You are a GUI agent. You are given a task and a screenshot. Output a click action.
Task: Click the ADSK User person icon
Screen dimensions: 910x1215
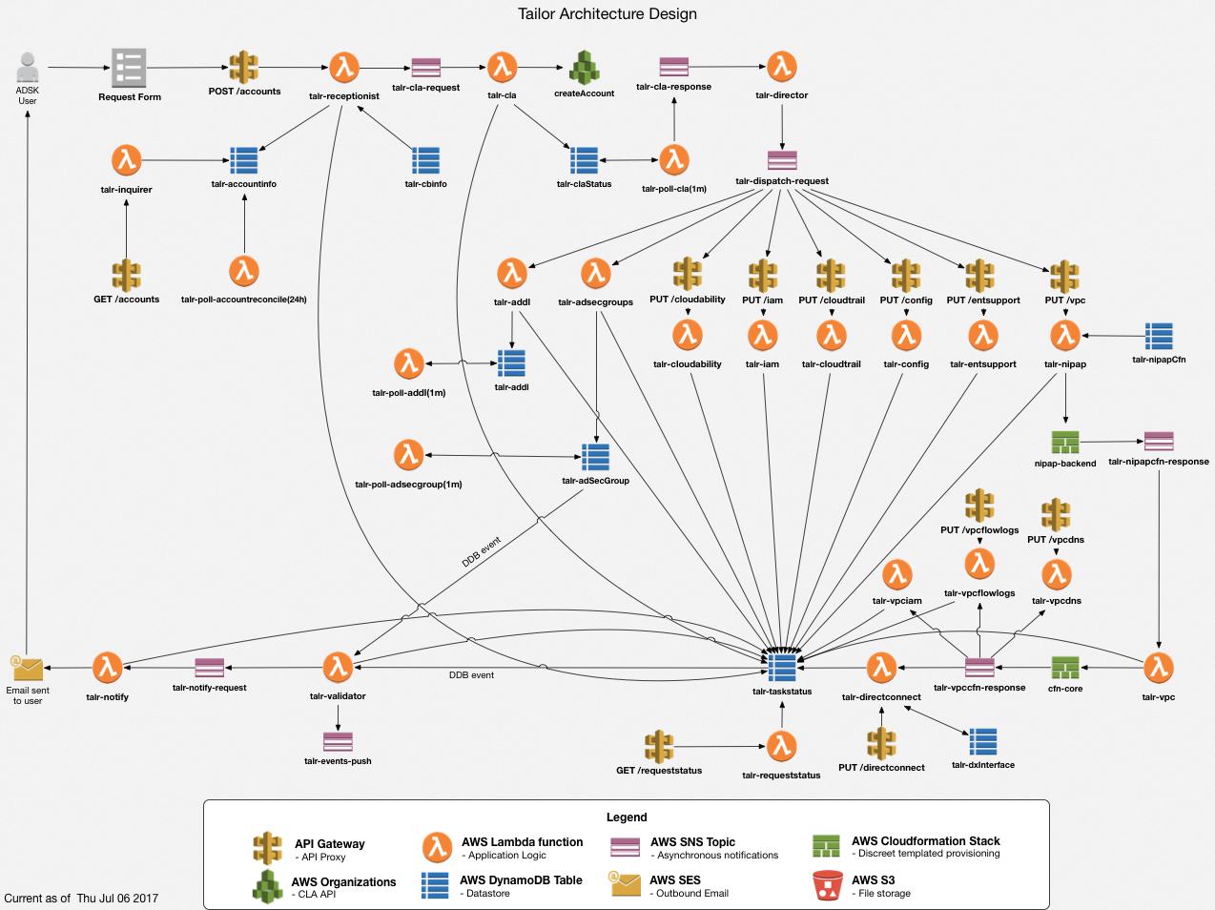pyautogui.click(x=28, y=68)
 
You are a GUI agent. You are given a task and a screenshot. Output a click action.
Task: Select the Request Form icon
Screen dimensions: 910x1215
pyautogui.click(x=129, y=68)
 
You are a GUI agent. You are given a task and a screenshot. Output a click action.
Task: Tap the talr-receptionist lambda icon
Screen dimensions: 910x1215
pyautogui.click(x=343, y=68)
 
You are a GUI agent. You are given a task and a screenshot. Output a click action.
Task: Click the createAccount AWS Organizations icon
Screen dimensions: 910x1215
pyautogui.click(x=584, y=69)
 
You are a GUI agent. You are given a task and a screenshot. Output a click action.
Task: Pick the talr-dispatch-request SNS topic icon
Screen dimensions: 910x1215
pyautogui.click(x=782, y=159)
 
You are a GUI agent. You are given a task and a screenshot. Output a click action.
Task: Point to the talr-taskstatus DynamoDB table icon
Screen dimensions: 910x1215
pyautogui.click(x=782, y=668)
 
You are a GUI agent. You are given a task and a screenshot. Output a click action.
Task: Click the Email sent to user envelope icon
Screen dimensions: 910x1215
pyautogui.click(x=28, y=668)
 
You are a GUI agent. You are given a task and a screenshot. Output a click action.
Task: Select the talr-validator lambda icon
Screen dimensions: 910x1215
pyautogui.click(x=338, y=668)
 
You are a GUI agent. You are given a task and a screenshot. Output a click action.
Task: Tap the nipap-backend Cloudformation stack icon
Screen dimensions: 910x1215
pyautogui.click(x=1065, y=443)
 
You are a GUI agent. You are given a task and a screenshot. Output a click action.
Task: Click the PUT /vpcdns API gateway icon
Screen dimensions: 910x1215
pyautogui.click(x=1056, y=514)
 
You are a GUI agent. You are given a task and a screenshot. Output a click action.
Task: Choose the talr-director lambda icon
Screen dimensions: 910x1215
pyautogui.click(x=782, y=67)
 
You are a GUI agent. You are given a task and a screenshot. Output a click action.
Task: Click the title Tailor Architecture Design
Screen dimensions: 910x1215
pyautogui.click(x=607, y=14)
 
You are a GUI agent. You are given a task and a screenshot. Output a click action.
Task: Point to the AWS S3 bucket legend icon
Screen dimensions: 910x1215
pyautogui.click(x=827, y=884)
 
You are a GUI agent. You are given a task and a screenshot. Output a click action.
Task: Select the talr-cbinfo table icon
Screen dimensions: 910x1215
pyautogui.click(x=425, y=160)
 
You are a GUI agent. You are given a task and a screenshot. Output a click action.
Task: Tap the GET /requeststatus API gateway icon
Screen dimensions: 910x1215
pyautogui.click(x=659, y=747)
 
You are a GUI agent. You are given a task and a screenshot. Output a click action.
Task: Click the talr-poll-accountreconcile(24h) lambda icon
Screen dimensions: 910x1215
pyautogui.click(x=244, y=272)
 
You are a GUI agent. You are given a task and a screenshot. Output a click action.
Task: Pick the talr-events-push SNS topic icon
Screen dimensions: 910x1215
pyautogui.click(x=338, y=741)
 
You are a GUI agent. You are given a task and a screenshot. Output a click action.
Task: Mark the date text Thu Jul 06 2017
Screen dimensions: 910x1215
pyautogui.click(x=117, y=899)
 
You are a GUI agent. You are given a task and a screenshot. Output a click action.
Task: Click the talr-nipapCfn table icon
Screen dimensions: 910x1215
pyautogui.click(x=1159, y=336)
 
